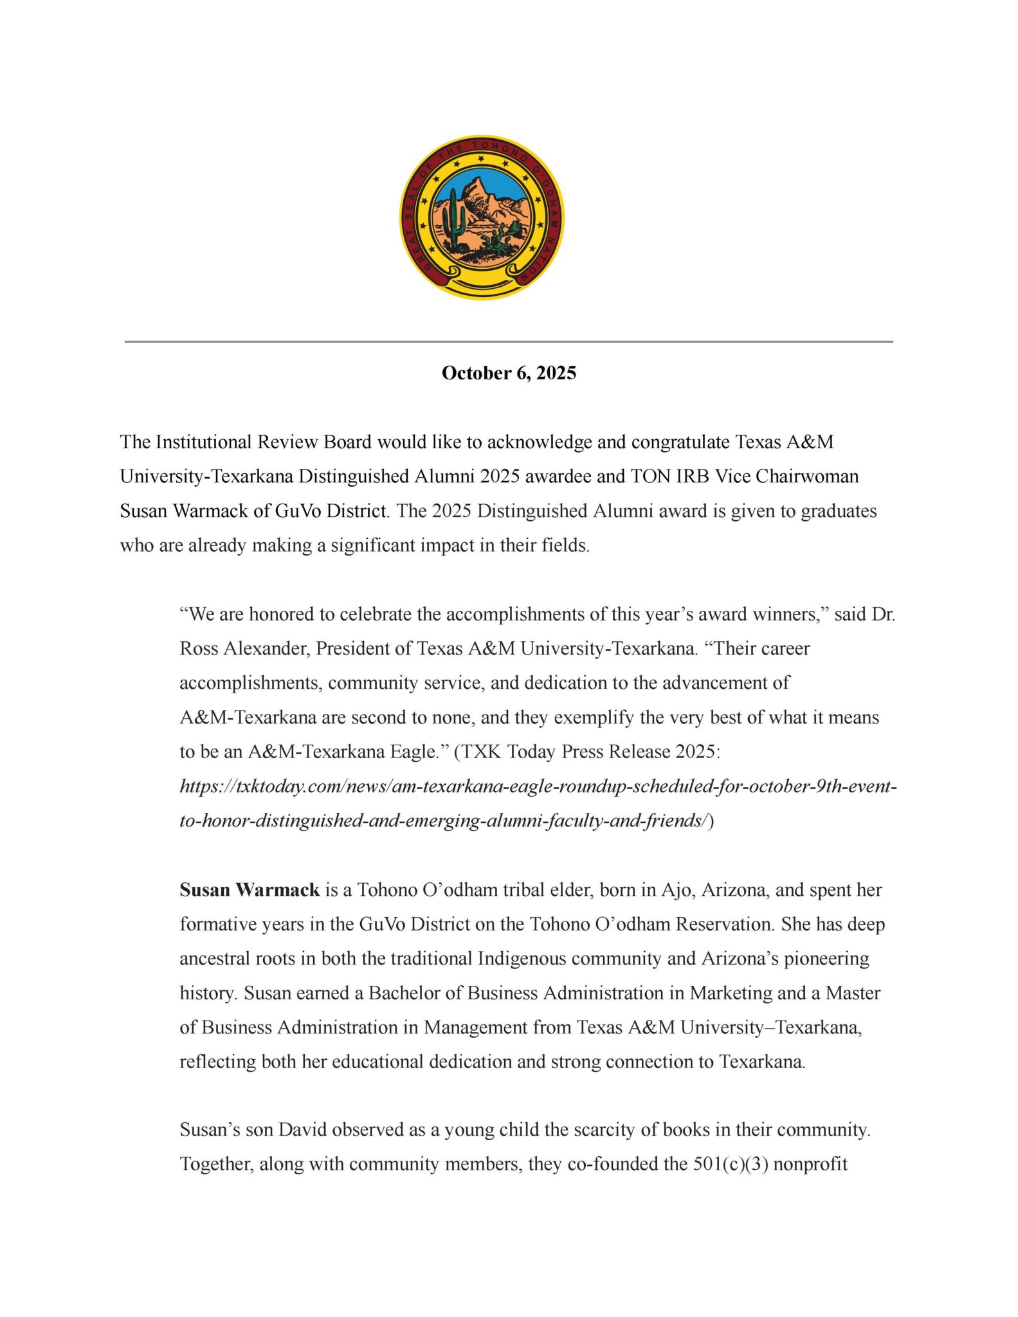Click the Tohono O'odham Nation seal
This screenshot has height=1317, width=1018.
[482, 217]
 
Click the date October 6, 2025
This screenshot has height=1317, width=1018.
[509, 373]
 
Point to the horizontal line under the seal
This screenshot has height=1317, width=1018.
[509, 341]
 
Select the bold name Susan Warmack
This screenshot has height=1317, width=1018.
[250, 890]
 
